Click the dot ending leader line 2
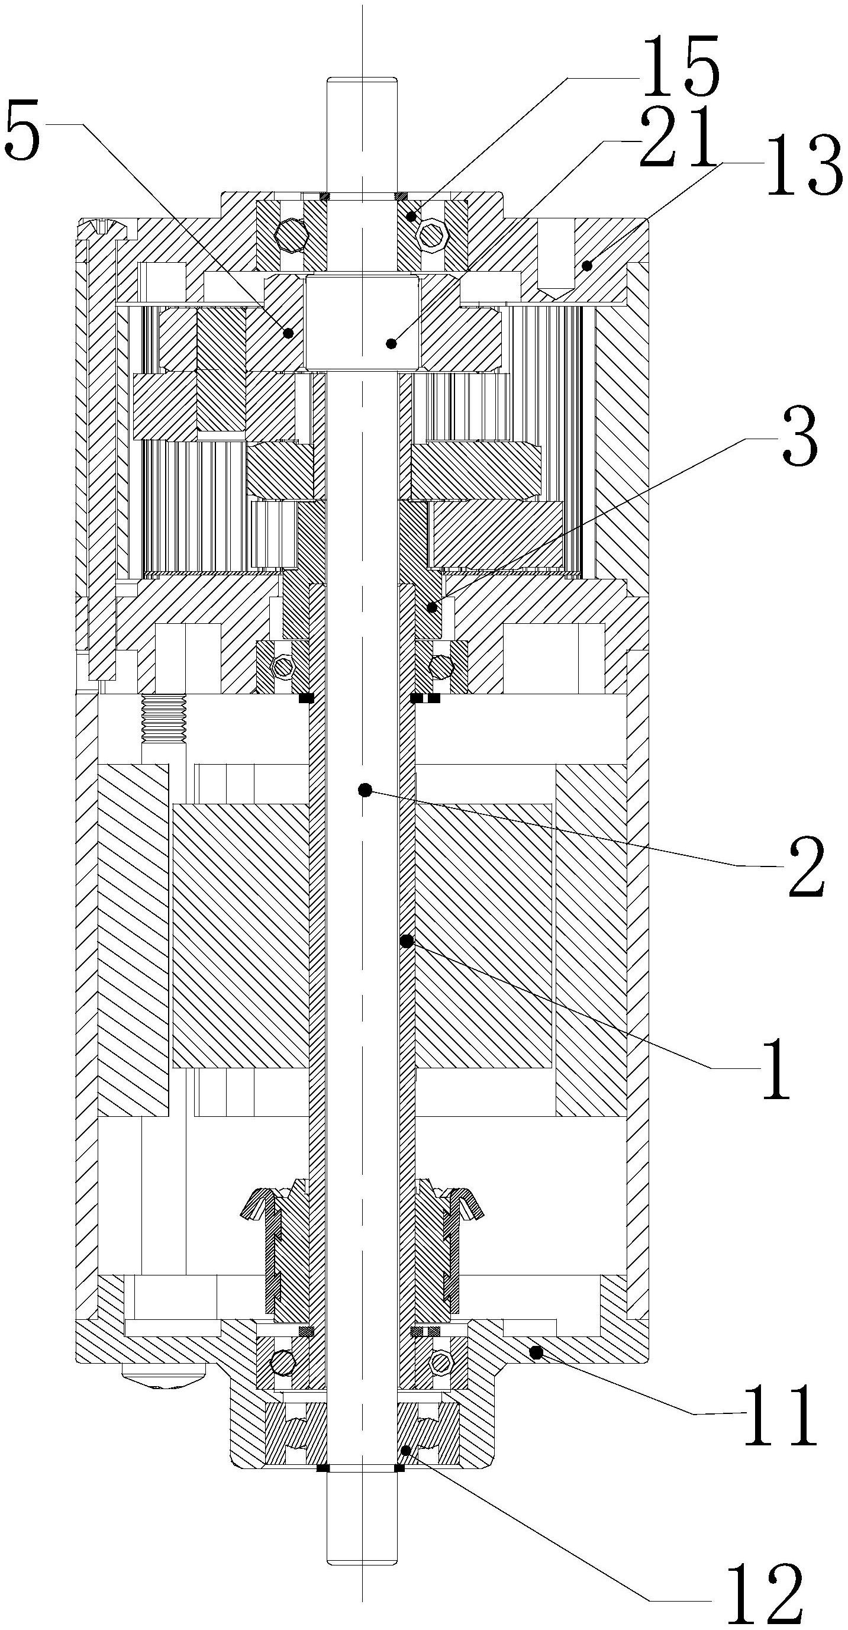point(364,790)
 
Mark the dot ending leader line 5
point(288,333)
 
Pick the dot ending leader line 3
point(431,608)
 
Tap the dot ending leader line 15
point(411,217)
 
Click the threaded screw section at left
point(164,718)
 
